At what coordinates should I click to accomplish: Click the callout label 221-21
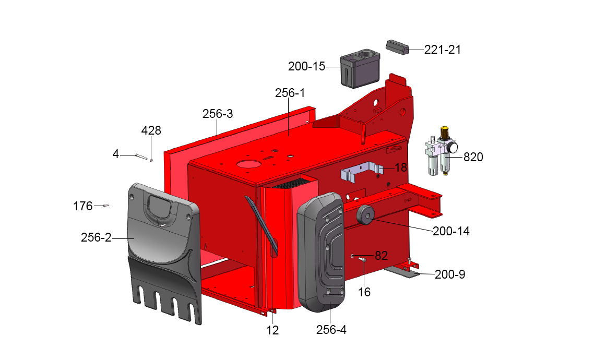point(442,50)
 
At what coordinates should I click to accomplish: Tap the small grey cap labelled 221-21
point(397,46)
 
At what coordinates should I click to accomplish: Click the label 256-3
point(218,114)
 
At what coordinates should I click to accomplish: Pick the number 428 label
point(151,130)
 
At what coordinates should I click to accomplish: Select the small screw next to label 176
point(105,206)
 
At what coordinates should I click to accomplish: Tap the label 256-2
point(96,237)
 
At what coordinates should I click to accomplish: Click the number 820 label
point(473,157)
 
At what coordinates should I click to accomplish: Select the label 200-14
point(451,231)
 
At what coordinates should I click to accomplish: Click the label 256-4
point(331,330)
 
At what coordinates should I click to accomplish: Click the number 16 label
point(364,292)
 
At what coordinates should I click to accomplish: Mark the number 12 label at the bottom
point(272,330)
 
